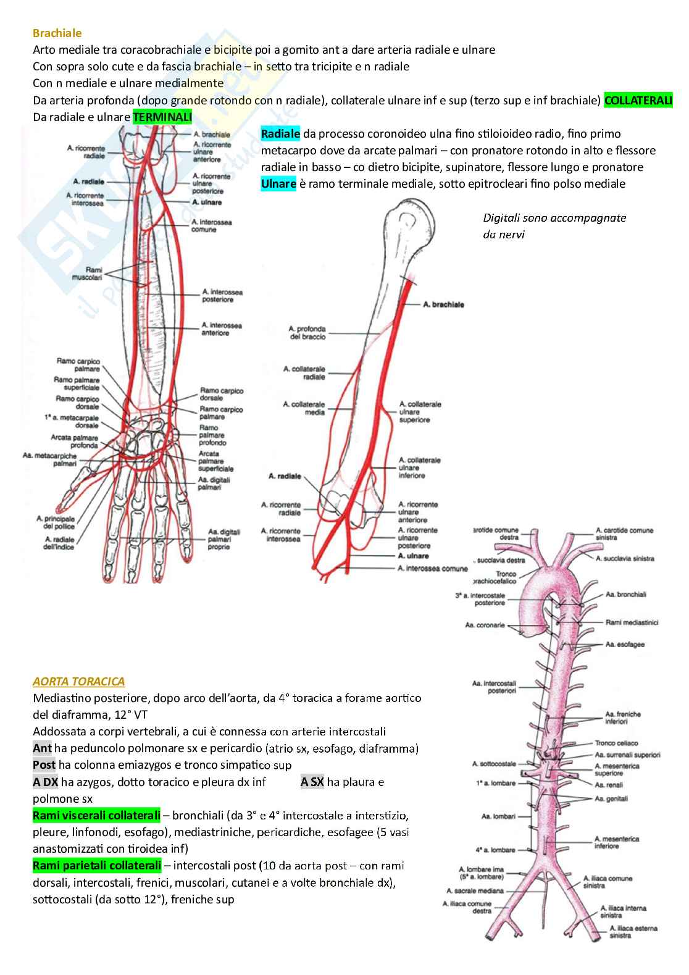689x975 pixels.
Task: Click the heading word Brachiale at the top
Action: click(57, 33)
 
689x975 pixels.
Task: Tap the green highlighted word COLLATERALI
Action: click(638, 100)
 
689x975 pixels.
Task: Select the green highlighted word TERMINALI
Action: click(162, 117)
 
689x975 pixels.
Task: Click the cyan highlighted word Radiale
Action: click(280, 134)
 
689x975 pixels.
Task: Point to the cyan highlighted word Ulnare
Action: click(278, 184)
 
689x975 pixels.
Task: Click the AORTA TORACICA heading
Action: click(78, 682)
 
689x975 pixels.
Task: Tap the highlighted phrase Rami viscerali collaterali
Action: click(96, 815)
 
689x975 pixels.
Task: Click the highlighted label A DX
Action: click(45, 782)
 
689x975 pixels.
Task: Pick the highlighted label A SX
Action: click(312, 782)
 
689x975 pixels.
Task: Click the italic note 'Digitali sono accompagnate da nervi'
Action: click(554, 225)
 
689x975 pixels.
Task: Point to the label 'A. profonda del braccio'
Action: click(307, 333)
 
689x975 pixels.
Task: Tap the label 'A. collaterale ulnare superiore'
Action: click(420, 412)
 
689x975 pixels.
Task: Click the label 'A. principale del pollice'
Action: click(56, 522)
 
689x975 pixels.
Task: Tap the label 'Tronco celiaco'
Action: click(616, 743)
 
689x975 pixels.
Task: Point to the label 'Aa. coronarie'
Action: click(485, 625)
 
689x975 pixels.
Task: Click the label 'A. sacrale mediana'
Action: click(475, 890)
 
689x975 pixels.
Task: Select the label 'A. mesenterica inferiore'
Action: click(616, 842)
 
